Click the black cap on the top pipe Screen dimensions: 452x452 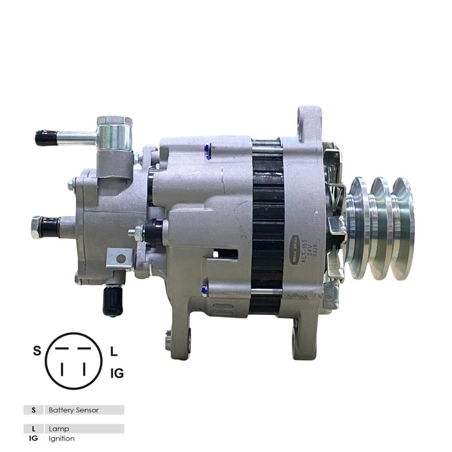pyautogui.click(x=46, y=137)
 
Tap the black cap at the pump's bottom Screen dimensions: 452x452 pyautogui.click(x=113, y=301)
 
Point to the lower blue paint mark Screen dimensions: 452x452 pyautogui.click(x=204, y=290)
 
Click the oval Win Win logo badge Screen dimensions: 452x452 pyautogui.click(x=294, y=249)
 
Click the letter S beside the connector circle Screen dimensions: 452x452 pyautogui.click(x=37, y=351)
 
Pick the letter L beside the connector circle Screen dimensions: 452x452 pyautogui.click(x=113, y=351)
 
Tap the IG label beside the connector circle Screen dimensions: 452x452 pyautogui.click(x=117, y=373)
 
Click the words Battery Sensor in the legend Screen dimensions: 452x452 pyautogui.click(x=74, y=410)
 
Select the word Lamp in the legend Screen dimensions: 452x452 pyautogui.click(x=59, y=429)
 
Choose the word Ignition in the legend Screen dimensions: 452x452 pyautogui.click(x=62, y=438)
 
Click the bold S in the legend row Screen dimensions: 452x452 pyautogui.click(x=33, y=410)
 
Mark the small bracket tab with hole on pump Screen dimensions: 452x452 pyautogui.click(x=121, y=258)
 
